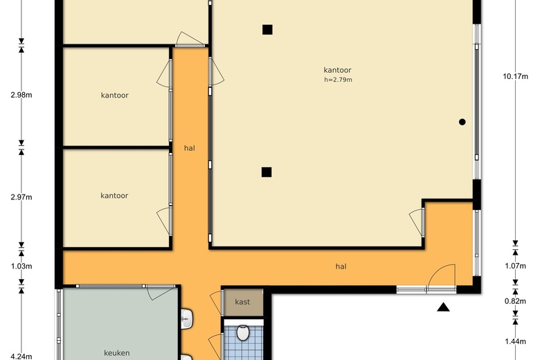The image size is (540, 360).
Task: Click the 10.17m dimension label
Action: tap(515, 76)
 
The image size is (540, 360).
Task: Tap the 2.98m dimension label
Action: tap(21, 95)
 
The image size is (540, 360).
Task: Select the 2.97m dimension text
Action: tap(21, 197)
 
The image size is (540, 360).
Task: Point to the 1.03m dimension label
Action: tap(21, 267)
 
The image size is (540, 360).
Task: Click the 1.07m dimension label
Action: tap(515, 266)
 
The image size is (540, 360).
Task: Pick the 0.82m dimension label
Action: tap(515, 301)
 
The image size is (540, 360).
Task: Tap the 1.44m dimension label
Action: tap(515, 341)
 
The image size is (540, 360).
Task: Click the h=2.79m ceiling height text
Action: tap(338, 80)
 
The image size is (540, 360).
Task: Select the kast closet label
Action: tap(242, 302)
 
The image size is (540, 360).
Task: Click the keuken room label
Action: tap(117, 353)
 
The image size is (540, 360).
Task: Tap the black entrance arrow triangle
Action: tap(443, 307)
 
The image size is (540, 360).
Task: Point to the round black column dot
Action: tap(462, 122)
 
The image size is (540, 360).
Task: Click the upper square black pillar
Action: tap(267, 30)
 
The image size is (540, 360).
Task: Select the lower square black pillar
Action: tap(267, 172)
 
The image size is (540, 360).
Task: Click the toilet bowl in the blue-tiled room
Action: tap(243, 332)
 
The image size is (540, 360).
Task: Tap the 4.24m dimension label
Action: tap(21, 357)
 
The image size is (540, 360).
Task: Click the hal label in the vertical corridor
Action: tap(190, 148)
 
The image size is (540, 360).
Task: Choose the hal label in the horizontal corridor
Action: tap(341, 267)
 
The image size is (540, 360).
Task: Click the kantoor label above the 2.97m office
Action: tap(115, 96)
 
